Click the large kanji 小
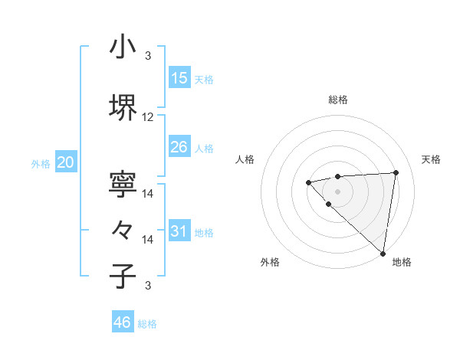[x=123, y=47]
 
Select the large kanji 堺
[x=123, y=107]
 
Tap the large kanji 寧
[x=123, y=184]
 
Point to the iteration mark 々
[x=123, y=230]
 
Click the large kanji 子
[x=123, y=276]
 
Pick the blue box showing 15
[x=179, y=77]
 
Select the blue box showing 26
[x=179, y=146]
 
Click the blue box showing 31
[x=179, y=231]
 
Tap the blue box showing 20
[x=66, y=162]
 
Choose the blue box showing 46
[x=123, y=322]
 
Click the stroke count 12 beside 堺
[x=148, y=117]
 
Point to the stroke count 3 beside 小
[x=148, y=56]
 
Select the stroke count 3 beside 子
[x=148, y=286]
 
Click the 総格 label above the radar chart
[x=338, y=100]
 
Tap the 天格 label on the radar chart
[x=431, y=159]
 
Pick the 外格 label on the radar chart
[x=270, y=262]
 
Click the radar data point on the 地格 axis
[x=383, y=254]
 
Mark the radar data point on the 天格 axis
[x=396, y=172]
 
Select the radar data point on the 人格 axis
[x=308, y=182]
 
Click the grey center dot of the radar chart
[x=338, y=191]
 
